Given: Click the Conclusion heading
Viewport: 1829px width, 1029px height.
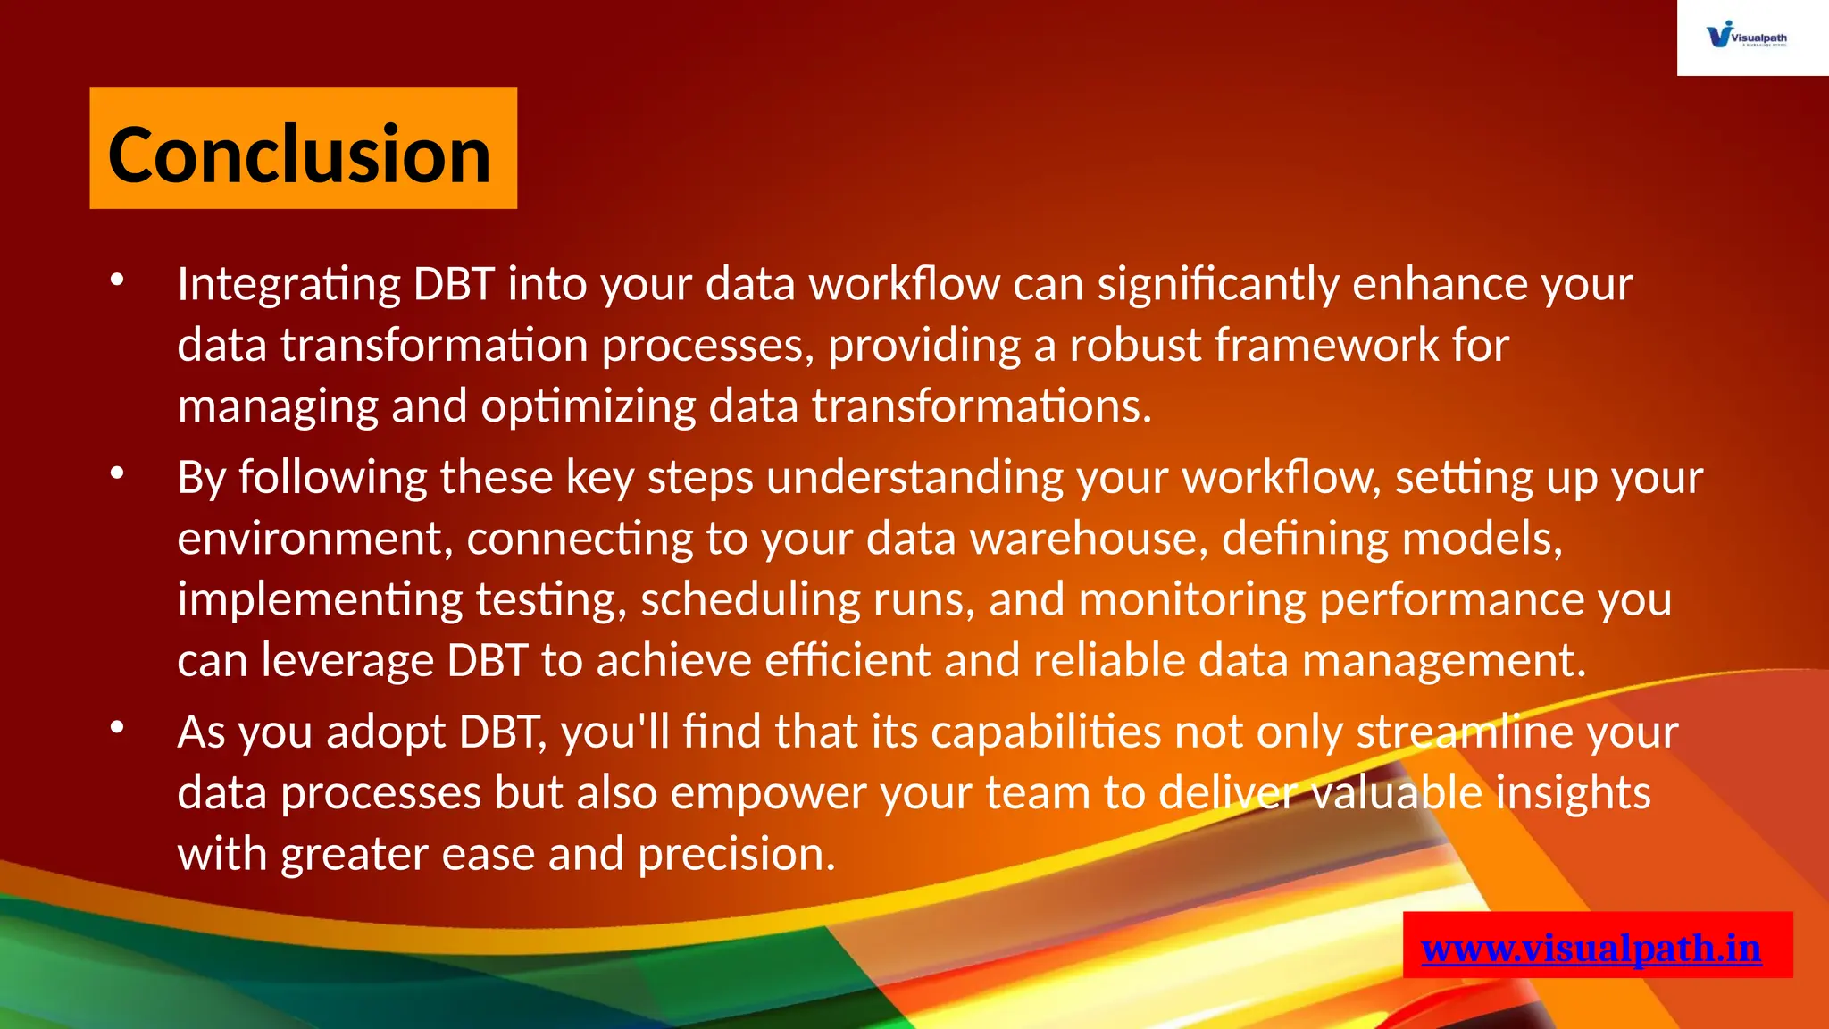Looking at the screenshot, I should point(300,154).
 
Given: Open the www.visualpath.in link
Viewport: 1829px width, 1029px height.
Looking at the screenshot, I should point(1591,948).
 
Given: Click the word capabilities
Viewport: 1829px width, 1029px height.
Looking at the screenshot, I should point(1046,732).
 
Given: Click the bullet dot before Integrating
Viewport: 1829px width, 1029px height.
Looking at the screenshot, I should point(117,280).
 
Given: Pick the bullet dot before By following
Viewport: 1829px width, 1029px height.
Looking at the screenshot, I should point(117,474).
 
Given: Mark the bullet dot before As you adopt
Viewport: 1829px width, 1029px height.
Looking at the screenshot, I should point(117,728).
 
